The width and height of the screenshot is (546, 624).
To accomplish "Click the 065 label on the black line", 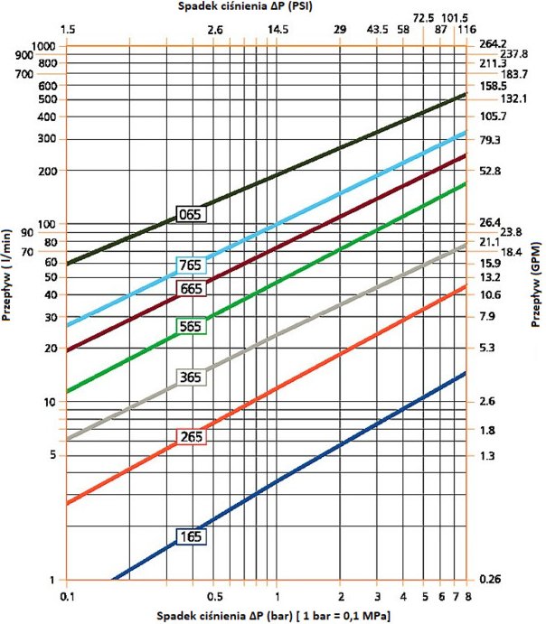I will click(x=191, y=214).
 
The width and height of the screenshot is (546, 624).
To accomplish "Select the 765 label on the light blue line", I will click(x=191, y=265).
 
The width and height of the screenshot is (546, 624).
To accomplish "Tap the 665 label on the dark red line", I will click(x=191, y=288).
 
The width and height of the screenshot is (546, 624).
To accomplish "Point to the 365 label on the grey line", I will click(x=191, y=377).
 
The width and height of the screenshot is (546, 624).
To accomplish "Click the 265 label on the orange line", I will click(x=191, y=437).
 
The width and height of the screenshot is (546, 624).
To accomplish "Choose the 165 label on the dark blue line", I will click(x=191, y=536).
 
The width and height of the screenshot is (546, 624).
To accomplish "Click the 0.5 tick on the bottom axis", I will click(x=215, y=597).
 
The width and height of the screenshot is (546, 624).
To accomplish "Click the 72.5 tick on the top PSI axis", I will click(x=424, y=17).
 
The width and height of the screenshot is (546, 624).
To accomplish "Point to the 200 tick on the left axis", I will click(x=47, y=171).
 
